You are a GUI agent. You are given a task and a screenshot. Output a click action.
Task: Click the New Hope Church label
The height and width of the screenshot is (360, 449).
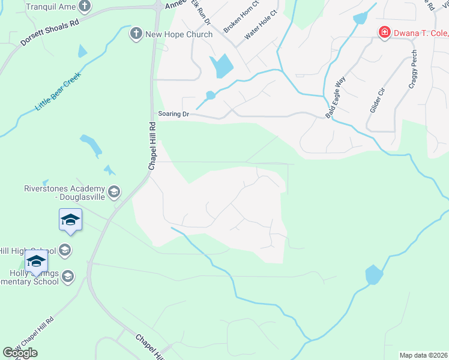point(179,34)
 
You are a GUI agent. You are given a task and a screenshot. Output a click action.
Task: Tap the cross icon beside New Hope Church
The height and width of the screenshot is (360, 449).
point(137,34)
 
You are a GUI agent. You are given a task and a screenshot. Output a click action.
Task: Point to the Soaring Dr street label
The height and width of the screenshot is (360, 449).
point(173,114)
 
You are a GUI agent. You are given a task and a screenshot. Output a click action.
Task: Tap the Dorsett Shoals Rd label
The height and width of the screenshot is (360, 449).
point(50,34)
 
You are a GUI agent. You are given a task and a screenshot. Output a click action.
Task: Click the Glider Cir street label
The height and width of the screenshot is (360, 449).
point(377,98)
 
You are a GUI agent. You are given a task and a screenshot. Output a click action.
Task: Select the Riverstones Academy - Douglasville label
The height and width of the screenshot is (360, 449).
point(64,192)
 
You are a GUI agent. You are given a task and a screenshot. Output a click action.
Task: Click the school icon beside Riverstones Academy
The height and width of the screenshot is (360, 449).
point(114,192)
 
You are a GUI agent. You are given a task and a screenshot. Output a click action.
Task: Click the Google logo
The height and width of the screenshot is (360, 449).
point(20,353)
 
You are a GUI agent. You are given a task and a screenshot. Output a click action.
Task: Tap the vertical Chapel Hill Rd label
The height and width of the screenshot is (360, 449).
point(152,146)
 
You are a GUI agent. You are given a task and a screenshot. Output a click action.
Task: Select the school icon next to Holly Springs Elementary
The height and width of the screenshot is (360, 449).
point(68,276)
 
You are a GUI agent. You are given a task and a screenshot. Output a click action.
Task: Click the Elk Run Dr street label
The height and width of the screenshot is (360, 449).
point(201,12)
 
